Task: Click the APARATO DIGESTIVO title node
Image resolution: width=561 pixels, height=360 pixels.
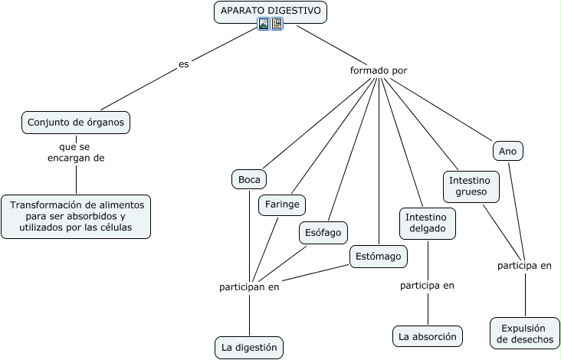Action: pos(271,11)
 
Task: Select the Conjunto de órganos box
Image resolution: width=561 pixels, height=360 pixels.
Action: pos(75,122)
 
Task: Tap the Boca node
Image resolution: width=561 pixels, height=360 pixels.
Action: pos(249,179)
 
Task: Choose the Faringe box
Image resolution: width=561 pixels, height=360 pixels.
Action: pos(282,205)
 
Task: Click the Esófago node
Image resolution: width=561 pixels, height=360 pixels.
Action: pos(323,231)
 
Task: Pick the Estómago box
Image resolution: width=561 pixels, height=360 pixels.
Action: pos(379,256)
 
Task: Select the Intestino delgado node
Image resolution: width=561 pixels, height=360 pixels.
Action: pos(428,223)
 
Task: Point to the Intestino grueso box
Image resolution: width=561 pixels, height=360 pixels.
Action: pos(471,186)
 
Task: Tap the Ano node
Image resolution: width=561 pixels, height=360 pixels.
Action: pos(507,152)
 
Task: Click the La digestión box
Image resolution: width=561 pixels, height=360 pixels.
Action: pos(249,347)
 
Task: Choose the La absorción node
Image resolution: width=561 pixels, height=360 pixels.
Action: pos(428,335)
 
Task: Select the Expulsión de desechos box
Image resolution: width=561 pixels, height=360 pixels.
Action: pos(525,333)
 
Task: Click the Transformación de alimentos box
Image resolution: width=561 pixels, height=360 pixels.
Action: pos(76,216)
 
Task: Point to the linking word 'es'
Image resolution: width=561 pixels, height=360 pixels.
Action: pos(183,64)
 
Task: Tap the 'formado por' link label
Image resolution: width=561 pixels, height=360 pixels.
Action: pos(379,70)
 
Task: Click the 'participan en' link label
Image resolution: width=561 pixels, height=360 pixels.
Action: pos(249,287)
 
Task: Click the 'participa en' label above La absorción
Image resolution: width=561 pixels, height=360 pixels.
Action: pos(428,286)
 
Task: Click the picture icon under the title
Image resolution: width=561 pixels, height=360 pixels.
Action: pos(264,25)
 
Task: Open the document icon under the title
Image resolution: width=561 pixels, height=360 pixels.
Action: pos(277,25)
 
